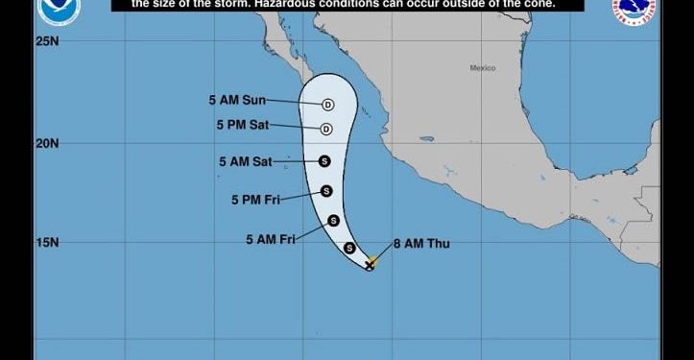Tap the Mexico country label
point(483,68)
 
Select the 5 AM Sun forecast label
point(236,100)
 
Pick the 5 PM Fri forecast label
point(254,200)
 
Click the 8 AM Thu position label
point(420,244)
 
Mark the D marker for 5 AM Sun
point(327,105)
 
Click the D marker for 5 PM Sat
point(325,129)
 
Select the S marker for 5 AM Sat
point(324,161)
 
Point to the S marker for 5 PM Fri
point(326,191)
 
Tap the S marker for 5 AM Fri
point(333,221)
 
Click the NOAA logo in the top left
point(60,10)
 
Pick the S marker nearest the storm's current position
point(349,248)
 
